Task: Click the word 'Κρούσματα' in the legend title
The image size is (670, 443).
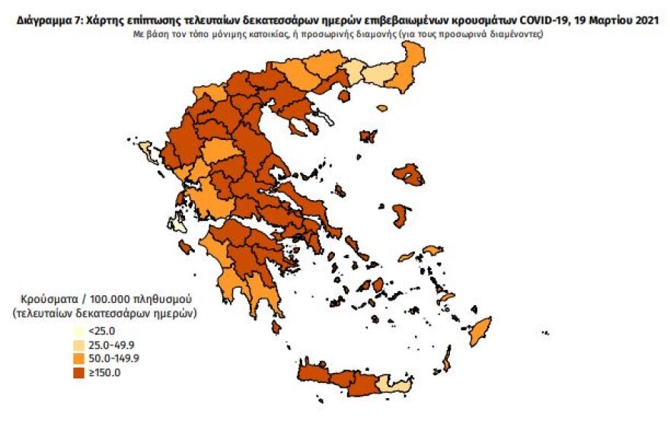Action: pos(49,298)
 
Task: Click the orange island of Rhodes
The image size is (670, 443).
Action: pos(480,331)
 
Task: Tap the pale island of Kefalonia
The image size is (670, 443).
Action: pos(178,225)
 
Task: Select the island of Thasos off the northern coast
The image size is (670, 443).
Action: pos(343,96)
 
